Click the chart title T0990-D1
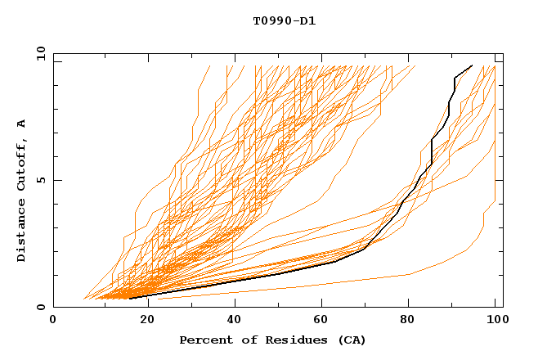(x=284, y=21)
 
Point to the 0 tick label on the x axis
(x=53, y=320)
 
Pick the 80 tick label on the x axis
(x=406, y=320)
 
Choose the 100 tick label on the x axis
(x=495, y=320)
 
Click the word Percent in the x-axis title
(x=203, y=340)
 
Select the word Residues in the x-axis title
(x=283, y=340)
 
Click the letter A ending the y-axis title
(x=22, y=124)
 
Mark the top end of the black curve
(x=472, y=65)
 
